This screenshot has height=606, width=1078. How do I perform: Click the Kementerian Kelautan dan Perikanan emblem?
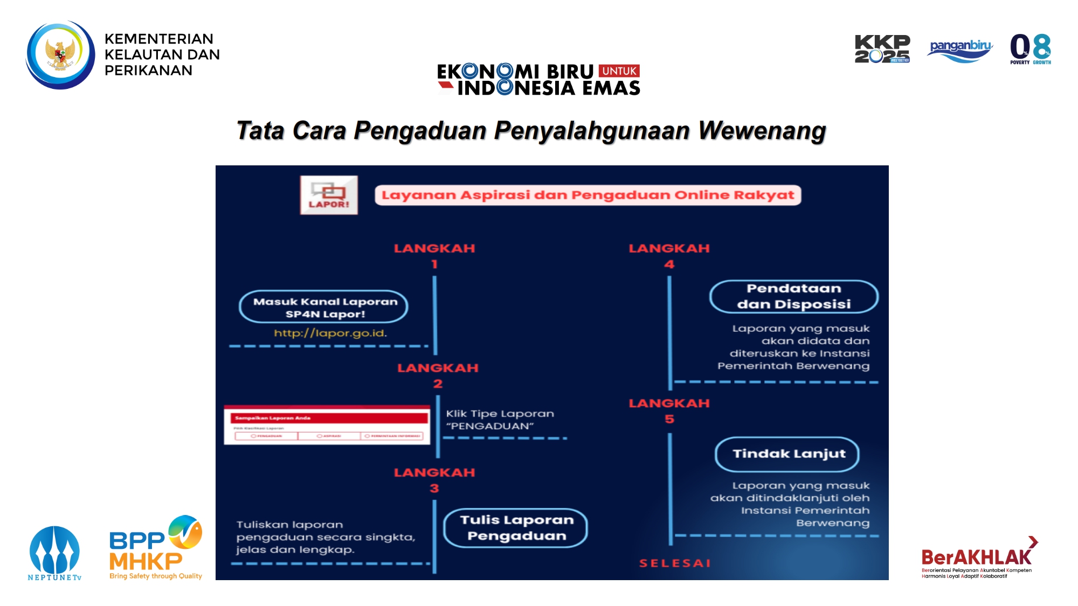[60, 54]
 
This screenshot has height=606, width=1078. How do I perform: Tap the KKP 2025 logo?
[882, 49]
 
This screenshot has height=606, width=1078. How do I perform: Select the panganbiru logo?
[960, 50]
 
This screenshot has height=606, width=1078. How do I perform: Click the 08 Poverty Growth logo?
[1030, 49]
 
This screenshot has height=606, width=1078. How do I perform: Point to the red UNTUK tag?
[619, 71]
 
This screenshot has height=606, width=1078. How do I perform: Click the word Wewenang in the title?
[762, 131]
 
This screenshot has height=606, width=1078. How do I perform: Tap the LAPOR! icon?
[329, 195]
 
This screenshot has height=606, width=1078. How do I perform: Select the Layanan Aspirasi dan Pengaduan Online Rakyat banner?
[588, 195]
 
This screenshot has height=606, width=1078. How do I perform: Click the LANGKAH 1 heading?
[434, 255]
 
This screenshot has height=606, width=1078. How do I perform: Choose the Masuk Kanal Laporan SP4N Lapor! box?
[324, 307]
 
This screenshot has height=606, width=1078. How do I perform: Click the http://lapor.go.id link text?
[330, 333]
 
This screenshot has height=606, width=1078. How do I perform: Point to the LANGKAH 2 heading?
[438, 375]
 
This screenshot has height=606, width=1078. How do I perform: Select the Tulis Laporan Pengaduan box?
[516, 528]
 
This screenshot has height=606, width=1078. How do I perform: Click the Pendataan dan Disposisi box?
[793, 296]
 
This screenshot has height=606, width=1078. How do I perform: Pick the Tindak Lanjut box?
[788, 454]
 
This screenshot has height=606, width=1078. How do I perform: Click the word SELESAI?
[675, 563]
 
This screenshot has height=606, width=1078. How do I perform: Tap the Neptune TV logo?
[54, 553]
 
